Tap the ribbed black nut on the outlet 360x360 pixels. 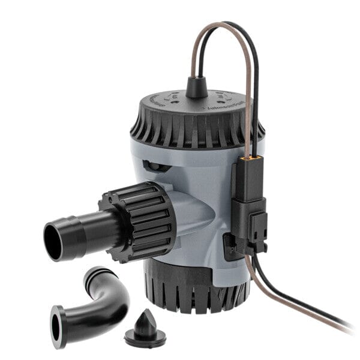click(x=144, y=220)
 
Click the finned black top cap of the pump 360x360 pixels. click(x=198, y=120)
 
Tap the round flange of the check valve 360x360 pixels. click(x=146, y=337)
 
